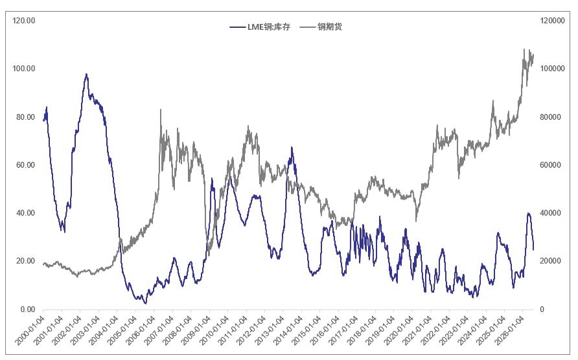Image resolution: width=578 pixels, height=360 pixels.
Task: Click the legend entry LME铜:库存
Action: point(260,27)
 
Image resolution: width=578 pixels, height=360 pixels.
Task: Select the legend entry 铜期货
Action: point(321,27)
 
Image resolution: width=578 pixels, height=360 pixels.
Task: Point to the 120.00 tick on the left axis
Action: point(24,21)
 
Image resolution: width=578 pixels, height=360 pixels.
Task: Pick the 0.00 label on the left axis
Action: point(28,309)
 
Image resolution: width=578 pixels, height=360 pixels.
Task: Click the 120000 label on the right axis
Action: point(552,21)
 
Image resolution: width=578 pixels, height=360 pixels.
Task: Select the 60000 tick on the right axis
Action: point(550,165)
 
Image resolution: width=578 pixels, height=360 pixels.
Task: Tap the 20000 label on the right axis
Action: point(550,261)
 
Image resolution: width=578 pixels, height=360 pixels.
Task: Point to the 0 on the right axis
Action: point(542,309)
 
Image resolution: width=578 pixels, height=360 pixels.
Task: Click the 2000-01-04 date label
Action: point(30,330)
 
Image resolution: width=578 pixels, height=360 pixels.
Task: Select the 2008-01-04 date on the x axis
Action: point(177,330)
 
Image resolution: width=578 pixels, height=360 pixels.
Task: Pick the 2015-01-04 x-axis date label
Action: point(306,330)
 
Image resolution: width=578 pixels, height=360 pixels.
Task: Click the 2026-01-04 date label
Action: point(509,330)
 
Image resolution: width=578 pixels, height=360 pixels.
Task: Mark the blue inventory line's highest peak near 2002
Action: point(86,74)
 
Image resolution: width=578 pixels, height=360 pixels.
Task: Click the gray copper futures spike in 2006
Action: point(161,109)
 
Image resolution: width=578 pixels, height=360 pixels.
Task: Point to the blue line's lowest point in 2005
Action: point(145,303)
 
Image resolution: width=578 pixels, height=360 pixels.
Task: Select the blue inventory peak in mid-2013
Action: point(292,148)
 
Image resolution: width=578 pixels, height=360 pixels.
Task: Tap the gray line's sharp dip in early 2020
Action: point(416,221)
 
